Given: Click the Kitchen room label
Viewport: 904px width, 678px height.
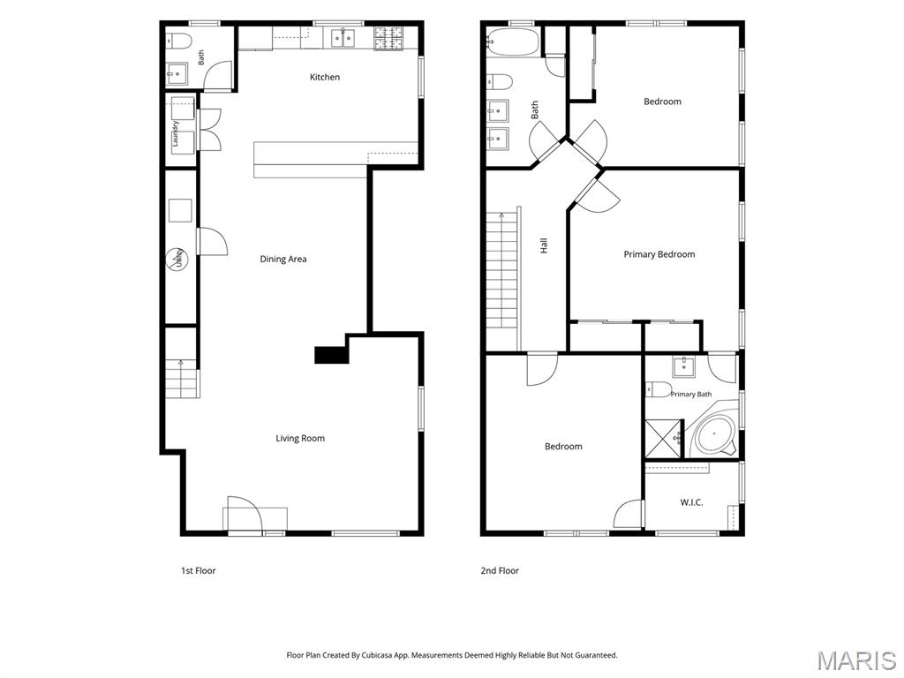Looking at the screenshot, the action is [325, 78].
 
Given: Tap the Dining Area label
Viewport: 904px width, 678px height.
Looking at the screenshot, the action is [283, 260].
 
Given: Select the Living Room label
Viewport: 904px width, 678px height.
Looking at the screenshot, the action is [300, 439].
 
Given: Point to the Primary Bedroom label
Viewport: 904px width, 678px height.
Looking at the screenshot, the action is [659, 254].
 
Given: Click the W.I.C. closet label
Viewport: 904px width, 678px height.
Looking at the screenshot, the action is [691, 502].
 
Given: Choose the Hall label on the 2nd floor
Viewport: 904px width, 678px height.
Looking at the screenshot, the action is [544, 246].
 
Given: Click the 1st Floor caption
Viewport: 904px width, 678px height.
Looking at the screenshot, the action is [199, 571].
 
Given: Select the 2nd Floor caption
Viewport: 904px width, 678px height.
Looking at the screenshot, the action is [500, 571].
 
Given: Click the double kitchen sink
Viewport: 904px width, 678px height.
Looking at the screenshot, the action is [343, 38].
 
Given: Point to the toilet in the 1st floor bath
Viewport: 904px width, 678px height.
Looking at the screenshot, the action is [178, 41].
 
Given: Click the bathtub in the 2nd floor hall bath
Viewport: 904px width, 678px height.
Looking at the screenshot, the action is [512, 42].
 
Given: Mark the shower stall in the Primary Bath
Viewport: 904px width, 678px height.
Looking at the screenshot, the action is [664, 439].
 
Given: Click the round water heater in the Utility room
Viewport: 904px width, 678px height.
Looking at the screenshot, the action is [177, 260].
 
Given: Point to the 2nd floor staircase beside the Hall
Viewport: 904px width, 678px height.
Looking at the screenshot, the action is [503, 278].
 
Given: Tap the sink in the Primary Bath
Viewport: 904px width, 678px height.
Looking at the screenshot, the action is [684, 367].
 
